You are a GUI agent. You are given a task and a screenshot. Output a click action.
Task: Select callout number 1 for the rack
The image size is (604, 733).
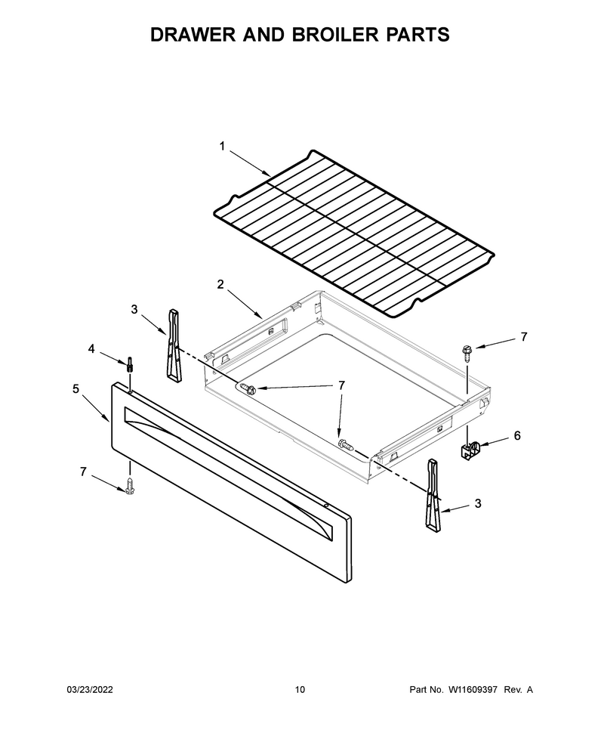[x=223, y=147]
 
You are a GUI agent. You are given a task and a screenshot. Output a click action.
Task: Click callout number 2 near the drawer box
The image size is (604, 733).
[x=220, y=284]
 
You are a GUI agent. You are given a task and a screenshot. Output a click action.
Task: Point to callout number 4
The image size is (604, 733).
[x=91, y=348]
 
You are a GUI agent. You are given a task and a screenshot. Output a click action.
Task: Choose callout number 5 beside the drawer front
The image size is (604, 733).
[x=75, y=389]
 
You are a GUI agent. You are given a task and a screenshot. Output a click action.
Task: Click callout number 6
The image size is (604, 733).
[x=517, y=436]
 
